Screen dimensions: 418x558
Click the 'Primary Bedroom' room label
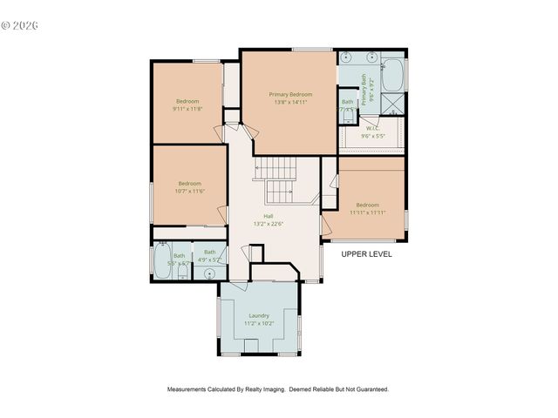click(290, 94)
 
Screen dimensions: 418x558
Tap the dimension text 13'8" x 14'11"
click(290, 102)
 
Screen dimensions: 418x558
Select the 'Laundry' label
click(259, 315)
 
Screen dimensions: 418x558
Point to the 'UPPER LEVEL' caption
click(366, 254)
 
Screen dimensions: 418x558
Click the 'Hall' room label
click(269, 216)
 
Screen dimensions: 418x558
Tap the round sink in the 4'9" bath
click(209, 273)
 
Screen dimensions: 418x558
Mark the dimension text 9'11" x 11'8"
click(187, 109)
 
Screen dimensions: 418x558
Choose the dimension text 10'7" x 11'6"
click(191, 191)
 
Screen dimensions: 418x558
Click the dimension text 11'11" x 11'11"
click(367, 212)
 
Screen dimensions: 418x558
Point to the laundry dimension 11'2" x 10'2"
click(259, 323)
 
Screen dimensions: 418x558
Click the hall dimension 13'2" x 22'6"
click(269, 224)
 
